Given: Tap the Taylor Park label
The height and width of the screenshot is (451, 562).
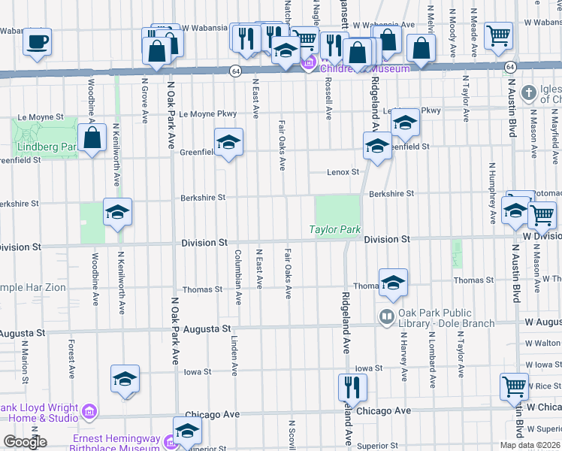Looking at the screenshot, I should tap(335, 229).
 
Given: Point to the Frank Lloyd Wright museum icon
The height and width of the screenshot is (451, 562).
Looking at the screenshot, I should tap(89, 412).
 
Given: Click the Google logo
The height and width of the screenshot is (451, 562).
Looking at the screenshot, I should tap(25, 442).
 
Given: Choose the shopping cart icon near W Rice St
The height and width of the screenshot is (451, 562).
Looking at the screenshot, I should tap(515, 386).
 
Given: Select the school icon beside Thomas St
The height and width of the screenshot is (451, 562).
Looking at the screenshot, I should tap(393, 283).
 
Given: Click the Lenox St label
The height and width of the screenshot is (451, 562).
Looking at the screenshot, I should tap(343, 172).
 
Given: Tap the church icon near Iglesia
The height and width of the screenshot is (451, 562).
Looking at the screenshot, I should tap(529, 92).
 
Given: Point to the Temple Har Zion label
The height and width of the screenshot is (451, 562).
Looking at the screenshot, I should tap(33, 288).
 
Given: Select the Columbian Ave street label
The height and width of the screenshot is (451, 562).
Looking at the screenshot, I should tap(238, 277).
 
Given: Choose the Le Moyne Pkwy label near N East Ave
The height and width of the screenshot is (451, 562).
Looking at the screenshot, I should tap(207, 114).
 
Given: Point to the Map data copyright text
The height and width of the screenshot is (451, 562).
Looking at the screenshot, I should tap(529, 445).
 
